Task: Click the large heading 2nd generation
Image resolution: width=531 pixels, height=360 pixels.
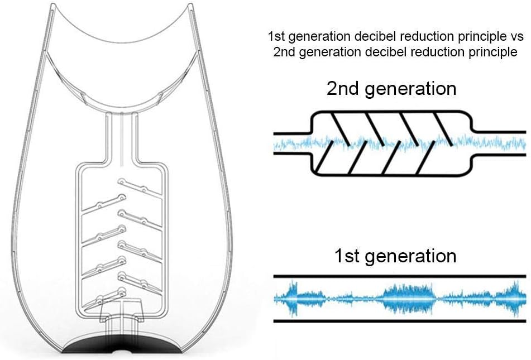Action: [391, 88]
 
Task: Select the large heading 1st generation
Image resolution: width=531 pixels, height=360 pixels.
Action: [395, 256]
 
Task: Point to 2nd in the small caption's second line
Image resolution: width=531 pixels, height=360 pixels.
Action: [283, 52]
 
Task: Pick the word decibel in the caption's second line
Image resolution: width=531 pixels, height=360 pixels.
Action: [372, 52]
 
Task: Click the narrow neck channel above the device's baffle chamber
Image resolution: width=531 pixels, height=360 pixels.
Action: [121, 137]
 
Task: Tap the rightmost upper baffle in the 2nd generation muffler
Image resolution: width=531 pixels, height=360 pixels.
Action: [444, 126]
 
